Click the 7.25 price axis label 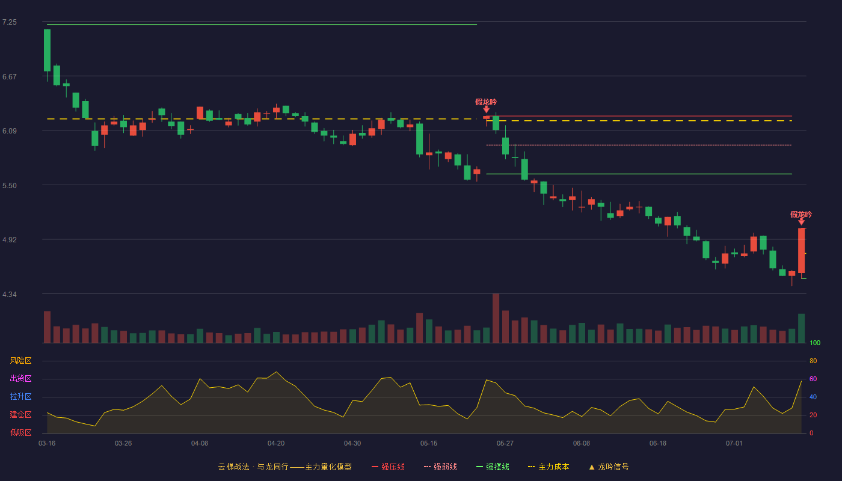click(x=10, y=22)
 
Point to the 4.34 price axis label click(x=10, y=295)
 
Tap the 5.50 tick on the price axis click(x=10, y=186)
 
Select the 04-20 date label click(x=276, y=444)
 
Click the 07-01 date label click(x=734, y=444)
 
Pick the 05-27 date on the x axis click(x=505, y=444)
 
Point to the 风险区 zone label click(x=20, y=361)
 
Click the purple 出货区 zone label click(x=20, y=378)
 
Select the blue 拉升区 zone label click(x=20, y=396)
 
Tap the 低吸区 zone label click(x=20, y=432)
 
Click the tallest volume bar click(x=496, y=318)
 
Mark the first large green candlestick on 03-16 click(x=47, y=51)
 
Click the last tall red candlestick click(x=801, y=250)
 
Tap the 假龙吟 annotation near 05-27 click(x=486, y=102)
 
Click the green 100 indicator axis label click(x=815, y=343)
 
